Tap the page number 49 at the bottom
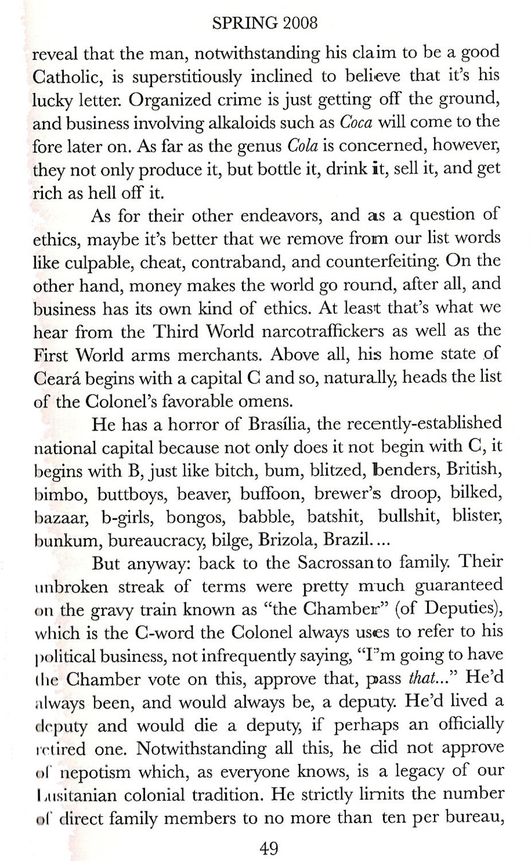click(269, 847)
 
